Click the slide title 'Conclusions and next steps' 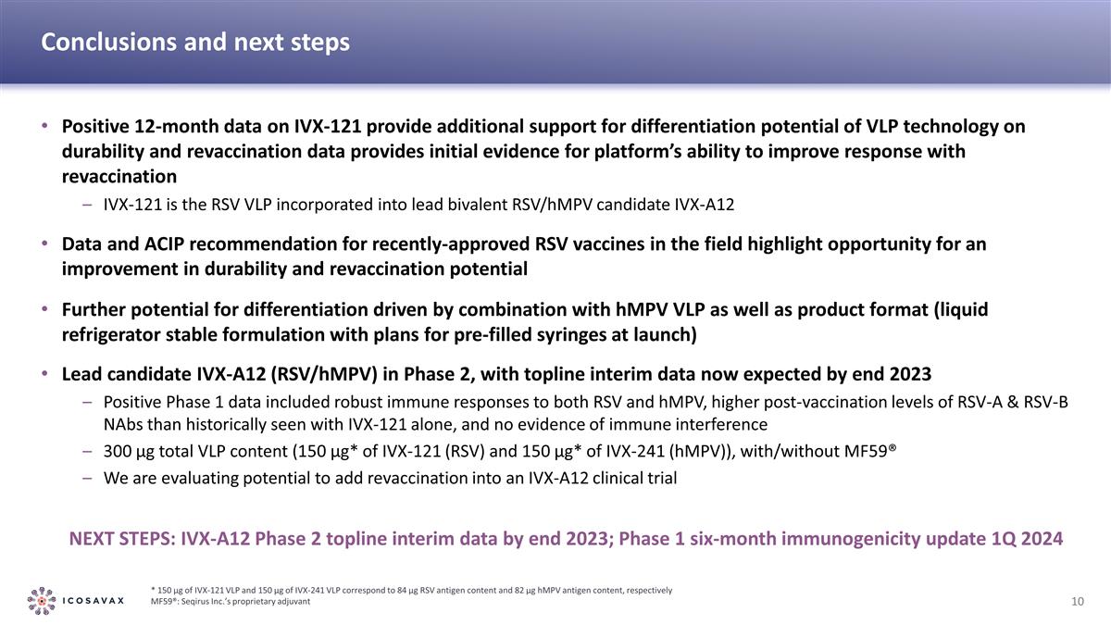[195, 43]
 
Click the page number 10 [1077, 602]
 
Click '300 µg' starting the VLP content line [129, 452]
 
